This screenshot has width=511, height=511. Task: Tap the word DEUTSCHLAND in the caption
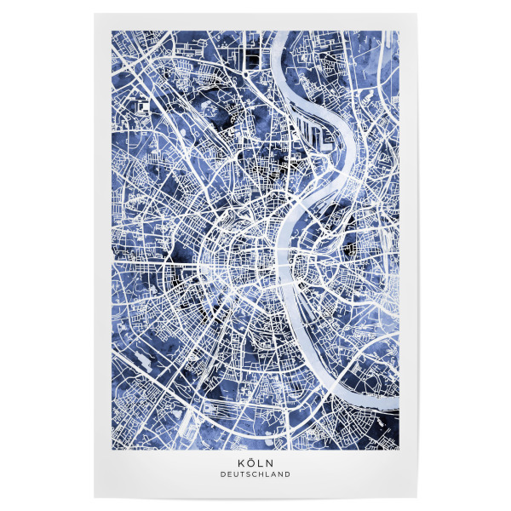coord(255,474)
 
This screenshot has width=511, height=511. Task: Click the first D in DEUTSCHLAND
coord(223,474)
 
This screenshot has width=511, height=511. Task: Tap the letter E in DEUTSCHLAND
coord(229,474)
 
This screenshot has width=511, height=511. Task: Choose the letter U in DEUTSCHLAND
coord(236,474)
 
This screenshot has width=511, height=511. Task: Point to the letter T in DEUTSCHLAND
coord(243,474)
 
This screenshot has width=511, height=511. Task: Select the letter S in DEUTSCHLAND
coord(249,474)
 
